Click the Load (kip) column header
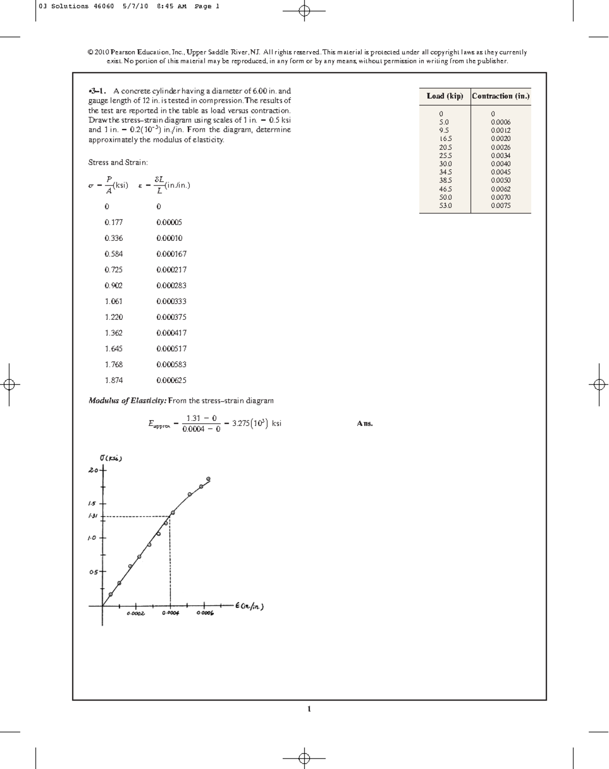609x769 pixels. tap(445, 96)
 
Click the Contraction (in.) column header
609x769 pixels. tap(500, 96)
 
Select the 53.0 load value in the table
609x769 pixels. tap(445, 205)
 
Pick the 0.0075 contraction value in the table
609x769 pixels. tap(500, 205)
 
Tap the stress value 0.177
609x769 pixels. tap(114, 222)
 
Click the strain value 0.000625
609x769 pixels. tap(171, 380)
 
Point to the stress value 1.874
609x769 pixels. tap(114, 380)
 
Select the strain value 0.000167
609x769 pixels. tap(171, 254)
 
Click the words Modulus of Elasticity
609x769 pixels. tap(127, 400)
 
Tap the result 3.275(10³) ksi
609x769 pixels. tap(256, 423)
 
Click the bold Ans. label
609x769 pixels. tap(364, 423)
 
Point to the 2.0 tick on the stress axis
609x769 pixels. tap(94, 470)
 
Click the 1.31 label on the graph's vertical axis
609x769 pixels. tap(92, 516)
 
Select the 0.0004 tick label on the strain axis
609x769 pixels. tap(170, 613)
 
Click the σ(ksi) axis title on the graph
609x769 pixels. tap(111, 458)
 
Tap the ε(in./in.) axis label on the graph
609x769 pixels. tap(250, 606)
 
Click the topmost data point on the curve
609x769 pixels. tap(208, 479)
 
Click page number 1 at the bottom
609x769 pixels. tap(309, 709)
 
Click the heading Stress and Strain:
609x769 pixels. tap(118, 162)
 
